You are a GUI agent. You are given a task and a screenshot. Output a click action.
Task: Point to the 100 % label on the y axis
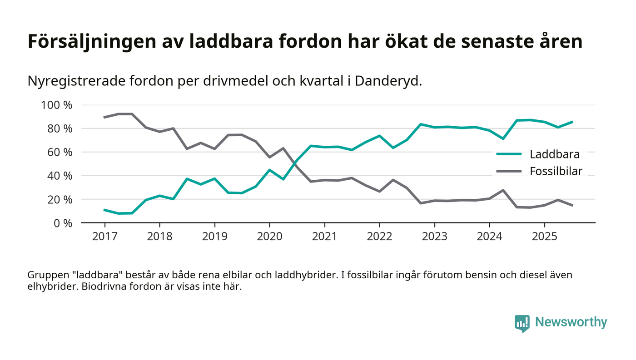57,105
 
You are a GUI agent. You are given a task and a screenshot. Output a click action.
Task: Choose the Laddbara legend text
554,154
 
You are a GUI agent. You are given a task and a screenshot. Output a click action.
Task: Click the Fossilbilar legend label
556,172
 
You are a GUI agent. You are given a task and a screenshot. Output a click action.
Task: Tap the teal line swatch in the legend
509,154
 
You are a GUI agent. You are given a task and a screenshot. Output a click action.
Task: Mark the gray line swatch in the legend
509,172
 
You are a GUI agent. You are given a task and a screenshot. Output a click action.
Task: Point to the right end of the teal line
572,122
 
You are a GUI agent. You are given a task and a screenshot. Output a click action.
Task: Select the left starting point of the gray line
104,117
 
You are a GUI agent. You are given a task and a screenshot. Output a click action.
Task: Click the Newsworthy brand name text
571,322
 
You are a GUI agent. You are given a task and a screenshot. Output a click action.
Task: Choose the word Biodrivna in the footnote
102,287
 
